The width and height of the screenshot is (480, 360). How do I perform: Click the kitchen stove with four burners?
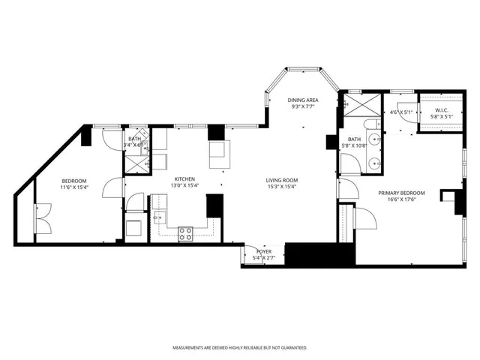tap(185, 233)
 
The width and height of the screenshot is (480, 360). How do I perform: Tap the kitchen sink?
tap(158, 218)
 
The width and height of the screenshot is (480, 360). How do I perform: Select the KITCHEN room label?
tap(184, 179)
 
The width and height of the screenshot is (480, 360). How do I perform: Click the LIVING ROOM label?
tap(282, 179)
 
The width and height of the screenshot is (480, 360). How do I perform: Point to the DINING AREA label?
tap(304, 100)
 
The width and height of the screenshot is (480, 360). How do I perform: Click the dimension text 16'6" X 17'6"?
tap(407, 199)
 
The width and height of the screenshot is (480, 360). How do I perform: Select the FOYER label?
tap(264, 251)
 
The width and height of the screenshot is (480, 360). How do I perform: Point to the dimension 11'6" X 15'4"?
tap(74, 187)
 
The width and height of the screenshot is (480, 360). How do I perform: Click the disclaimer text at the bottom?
tap(240, 347)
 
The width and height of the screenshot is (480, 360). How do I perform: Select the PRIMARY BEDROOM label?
tap(407, 193)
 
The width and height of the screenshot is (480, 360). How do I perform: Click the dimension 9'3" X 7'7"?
tap(304, 107)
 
